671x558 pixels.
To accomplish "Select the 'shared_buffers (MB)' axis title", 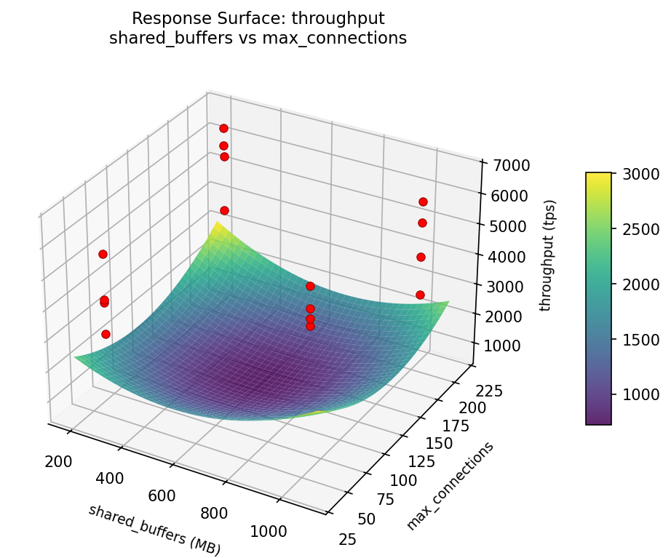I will click(154, 530).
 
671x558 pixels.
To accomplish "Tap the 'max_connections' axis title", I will click(450, 485).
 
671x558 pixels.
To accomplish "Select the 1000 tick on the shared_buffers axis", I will click(268, 531).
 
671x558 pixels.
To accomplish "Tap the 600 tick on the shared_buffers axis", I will click(162, 496).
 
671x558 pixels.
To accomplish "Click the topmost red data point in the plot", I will click(223, 128).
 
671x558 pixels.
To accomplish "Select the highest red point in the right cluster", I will click(423, 202).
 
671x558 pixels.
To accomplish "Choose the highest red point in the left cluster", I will click(103, 254).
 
